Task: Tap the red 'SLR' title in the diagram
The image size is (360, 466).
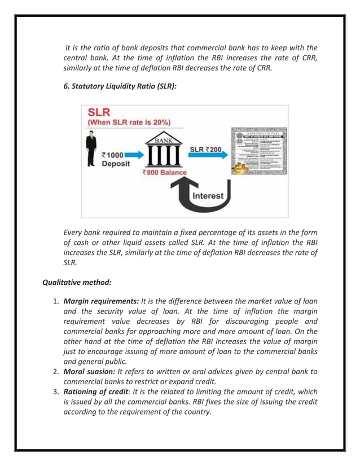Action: coord(99,112)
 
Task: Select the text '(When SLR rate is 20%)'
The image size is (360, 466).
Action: coord(129,122)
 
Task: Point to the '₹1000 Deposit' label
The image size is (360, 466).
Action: coord(115,159)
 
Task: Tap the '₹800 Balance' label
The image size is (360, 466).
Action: coord(164,172)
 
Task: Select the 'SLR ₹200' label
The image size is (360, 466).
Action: coord(205,150)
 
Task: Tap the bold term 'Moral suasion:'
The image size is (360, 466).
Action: coord(89,372)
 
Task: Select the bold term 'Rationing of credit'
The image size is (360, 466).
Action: coord(99,391)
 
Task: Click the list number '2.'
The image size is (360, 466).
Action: coord(56,372)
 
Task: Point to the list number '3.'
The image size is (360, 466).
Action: coord(56,391)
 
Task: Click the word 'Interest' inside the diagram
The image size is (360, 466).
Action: coord(208,196)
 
